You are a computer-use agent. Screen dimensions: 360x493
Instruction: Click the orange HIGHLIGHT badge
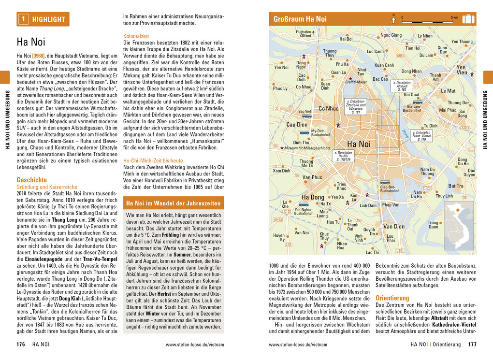pos(43,19)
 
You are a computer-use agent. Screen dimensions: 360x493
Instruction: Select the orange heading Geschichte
pos(32,180)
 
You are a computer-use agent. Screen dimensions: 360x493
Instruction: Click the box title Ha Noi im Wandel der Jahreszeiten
pos(174,203)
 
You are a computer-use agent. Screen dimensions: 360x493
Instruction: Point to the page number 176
pos(21,345)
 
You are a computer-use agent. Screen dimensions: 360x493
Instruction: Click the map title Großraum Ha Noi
pos(300,19)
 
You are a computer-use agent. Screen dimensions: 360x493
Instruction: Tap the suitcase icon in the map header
pos(468,19)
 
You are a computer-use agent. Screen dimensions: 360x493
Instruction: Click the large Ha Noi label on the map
pos(359,144)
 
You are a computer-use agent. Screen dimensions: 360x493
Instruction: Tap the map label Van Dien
pos(394,226)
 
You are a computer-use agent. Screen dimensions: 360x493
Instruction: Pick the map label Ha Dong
pos(313,197)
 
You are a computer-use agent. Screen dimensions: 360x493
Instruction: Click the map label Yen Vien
pos(462,70)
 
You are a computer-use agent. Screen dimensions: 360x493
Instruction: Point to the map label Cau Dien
pos(297,124)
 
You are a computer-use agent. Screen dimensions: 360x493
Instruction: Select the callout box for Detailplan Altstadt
pos(402,86)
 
